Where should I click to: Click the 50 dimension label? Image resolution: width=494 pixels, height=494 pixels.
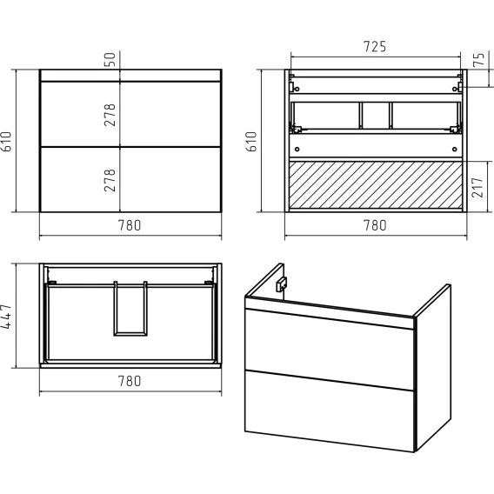[110, 59]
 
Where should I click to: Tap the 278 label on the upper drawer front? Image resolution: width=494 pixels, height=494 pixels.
[110, 115]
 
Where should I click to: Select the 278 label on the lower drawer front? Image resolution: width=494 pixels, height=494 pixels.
[110, 180]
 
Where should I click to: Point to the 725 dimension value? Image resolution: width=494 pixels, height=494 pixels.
[375, 47]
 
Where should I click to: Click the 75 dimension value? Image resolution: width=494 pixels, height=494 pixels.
[478, 59]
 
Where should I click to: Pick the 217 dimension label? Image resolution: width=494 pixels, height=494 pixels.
[477, 188]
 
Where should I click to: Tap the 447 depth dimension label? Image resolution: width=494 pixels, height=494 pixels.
[6, 317]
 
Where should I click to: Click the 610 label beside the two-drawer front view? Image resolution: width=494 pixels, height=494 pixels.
[6, 142]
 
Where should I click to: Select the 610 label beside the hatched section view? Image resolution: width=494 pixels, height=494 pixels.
[251, 142]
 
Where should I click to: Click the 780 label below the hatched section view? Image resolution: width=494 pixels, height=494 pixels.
[375, 225]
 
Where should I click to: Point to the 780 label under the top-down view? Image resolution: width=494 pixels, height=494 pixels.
[130, 381]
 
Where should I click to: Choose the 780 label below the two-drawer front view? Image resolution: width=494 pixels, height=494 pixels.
[130, 225]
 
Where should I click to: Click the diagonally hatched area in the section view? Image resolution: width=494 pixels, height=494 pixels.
[376, 185]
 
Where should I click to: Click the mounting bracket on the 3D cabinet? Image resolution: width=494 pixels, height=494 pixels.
[281, 284]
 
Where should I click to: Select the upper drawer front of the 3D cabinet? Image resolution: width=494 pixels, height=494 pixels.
[329, 349]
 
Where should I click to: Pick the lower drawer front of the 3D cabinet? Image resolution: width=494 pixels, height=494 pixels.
[329, 411]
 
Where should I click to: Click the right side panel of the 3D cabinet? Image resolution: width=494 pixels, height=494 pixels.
[433, 368]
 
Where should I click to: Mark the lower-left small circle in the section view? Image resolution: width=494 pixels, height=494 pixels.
[297, 149]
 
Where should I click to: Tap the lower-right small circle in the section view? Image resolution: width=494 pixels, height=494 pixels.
[454, 149]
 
